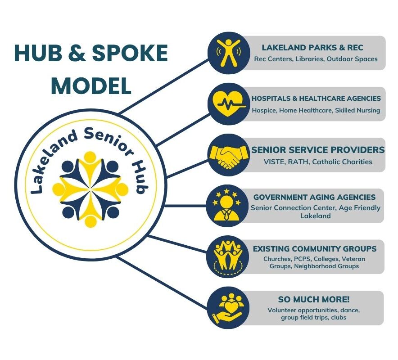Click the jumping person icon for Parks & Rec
229,53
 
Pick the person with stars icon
227,206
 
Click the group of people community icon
228,257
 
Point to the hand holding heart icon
228,308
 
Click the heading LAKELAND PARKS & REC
312,47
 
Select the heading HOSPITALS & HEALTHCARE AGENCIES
316,99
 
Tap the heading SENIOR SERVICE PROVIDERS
318,150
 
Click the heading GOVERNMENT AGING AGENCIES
315,197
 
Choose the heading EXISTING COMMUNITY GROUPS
315,249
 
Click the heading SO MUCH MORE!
314,299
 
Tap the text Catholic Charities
342,162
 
